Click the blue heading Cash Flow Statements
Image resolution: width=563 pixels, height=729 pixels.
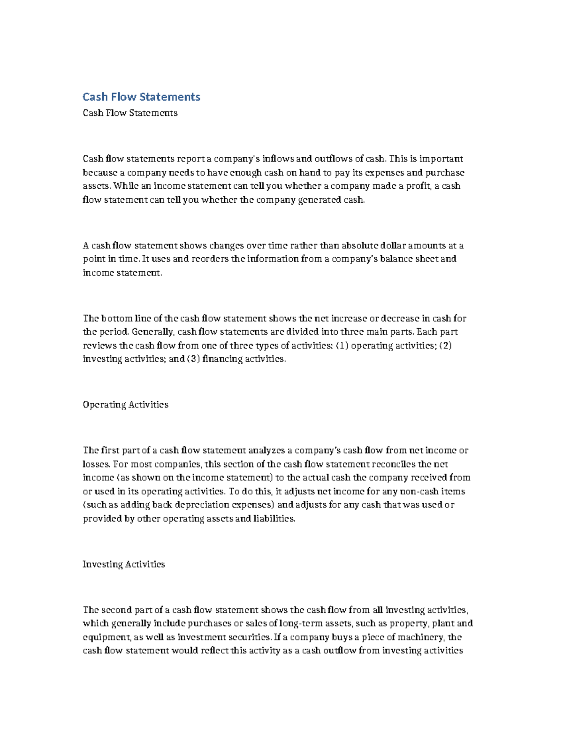(x=141, y=97)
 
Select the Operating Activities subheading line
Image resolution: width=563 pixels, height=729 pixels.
(x=125, y=405)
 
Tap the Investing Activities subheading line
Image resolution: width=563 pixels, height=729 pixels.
(x=124, y=564)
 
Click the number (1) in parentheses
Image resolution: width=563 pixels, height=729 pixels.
(x=342, y=345)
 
